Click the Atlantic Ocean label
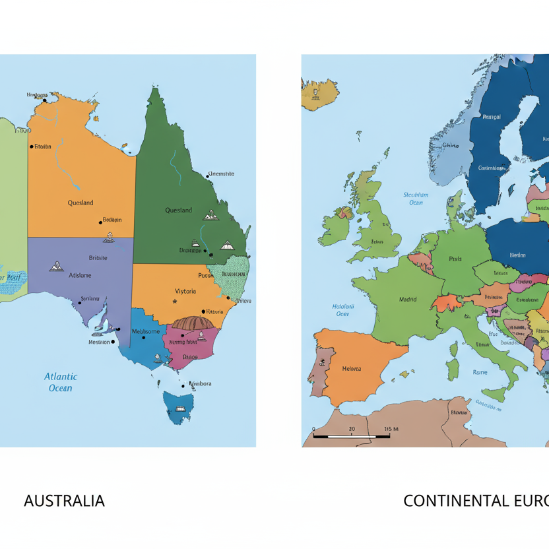[x=61, y=382]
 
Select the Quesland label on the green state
[x=178, y=210]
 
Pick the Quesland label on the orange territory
[x=81, y=203]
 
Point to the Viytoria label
[x=185, y=291]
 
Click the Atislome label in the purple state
[x=80, y=275]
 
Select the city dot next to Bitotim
[x=31, y=146]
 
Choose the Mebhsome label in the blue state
[x=145, y=331]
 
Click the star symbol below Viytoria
[x=174, y=302]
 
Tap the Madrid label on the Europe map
[x=407, y=300]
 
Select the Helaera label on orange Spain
[x=351, y=369]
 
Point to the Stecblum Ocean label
[x=416, y=199]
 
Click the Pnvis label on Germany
[x=455, y=259]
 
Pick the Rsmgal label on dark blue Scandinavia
[x=491, y=117]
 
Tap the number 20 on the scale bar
[x=352, y=429]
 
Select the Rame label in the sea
[x=480, y=372]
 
